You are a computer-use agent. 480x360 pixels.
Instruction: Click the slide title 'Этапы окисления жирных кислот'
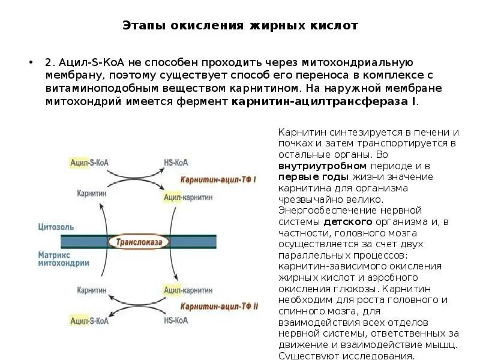tap(240, 26)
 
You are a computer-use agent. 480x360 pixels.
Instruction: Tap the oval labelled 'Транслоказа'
tap(139, 242)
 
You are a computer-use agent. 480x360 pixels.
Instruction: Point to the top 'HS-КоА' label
tap(176, 163)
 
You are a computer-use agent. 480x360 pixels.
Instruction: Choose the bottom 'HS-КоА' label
tap(176, 320)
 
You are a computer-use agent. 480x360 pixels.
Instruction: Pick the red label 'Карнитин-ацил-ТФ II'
tap(219, 305)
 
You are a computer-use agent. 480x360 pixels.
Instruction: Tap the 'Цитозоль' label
tap(56, 227)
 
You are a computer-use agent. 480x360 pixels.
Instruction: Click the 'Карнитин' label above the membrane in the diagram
tap(91, 194)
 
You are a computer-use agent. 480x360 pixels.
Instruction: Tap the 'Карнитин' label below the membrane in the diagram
tap(91, 290)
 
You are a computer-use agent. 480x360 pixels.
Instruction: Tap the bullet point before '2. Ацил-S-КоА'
tap(30, 63)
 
